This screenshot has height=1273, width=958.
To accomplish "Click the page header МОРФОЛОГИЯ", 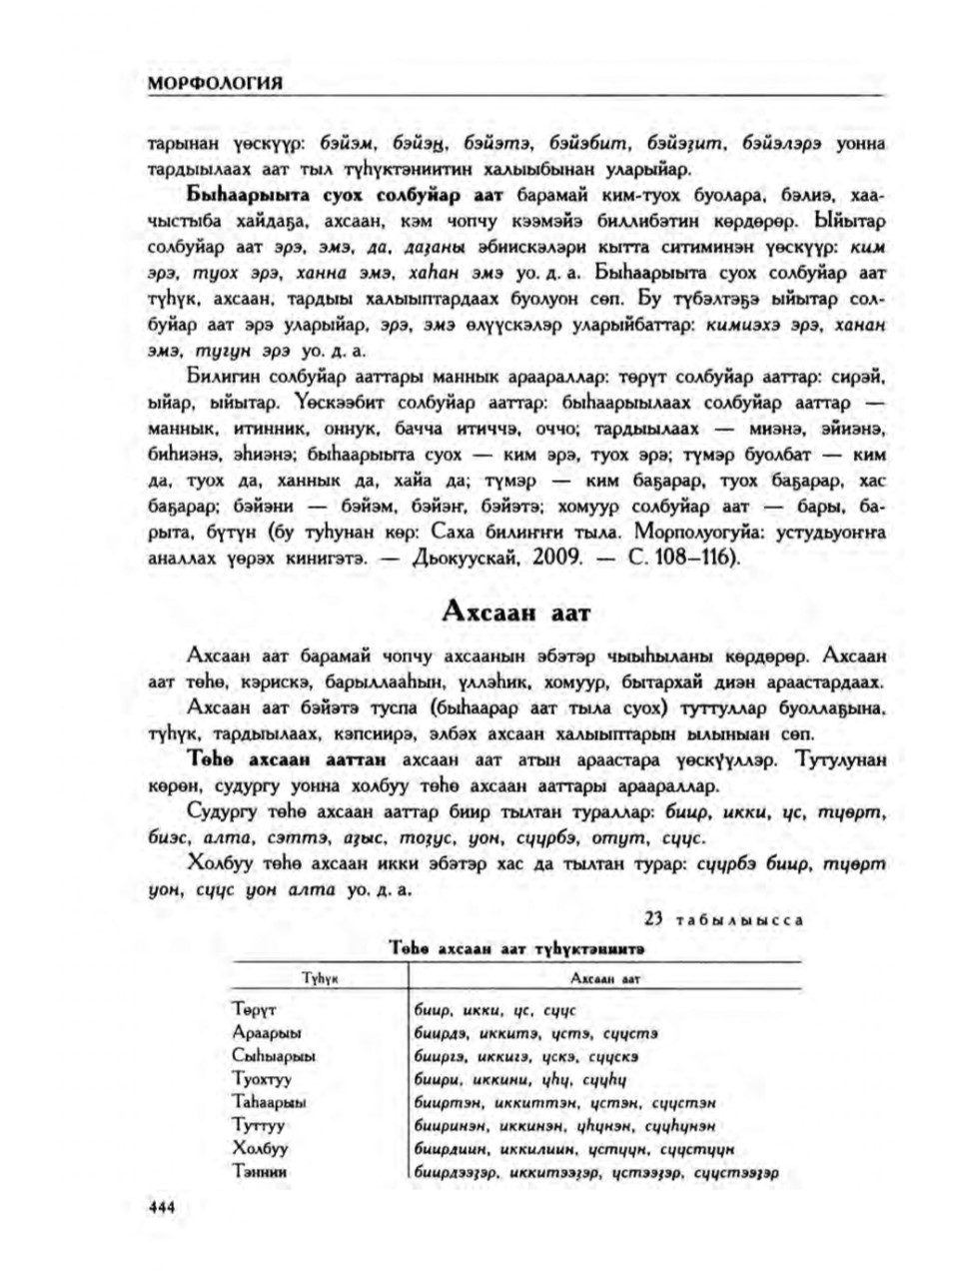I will click(215, 83).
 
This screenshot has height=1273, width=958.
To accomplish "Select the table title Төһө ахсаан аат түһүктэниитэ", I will click(516, 945).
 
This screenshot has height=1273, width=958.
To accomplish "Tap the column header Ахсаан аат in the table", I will click(604, 980).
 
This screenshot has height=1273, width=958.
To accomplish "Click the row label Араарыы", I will click(267, 1033).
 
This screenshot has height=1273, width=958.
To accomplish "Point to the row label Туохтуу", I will click(262, 1079).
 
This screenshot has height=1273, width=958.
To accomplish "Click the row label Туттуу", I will click(259, 1125).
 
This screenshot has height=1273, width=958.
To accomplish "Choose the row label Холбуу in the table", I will click(260, 1148).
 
